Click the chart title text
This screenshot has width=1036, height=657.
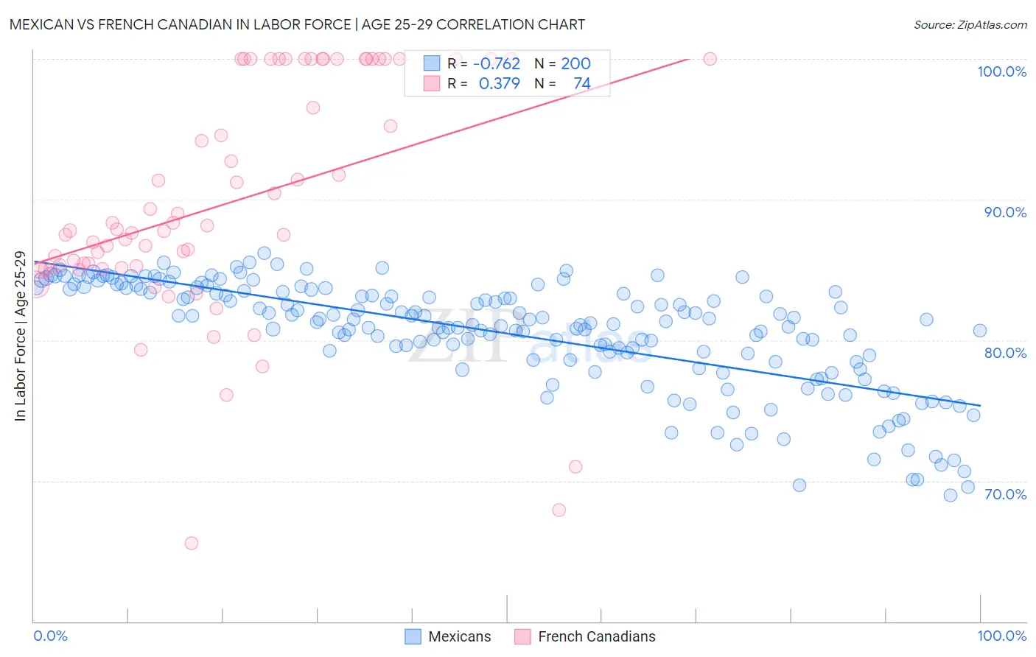click(x=297, y=24)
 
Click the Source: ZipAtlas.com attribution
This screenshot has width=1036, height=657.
click(x=970, y=24)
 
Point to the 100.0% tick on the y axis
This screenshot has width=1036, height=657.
click(x=1001, y=71)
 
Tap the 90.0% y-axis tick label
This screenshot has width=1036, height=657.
click(x=1005, y=212)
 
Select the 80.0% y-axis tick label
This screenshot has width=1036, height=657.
click(x=1005, y=353)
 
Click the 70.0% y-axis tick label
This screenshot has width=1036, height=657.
click(x=1005, y=494)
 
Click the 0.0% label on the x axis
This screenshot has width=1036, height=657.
click(x=50, y=636)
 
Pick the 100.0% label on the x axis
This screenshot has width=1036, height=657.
click(x=1001, y=636)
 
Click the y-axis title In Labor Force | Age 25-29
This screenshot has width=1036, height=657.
click(x=20, y=337)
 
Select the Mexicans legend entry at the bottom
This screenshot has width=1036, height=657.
click(x=448, y=636)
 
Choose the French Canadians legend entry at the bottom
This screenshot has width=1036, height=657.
click(x=584, y=636)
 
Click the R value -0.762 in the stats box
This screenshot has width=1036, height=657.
click(x=497, y=64)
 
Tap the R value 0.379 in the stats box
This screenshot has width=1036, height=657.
click(x=499, y=84)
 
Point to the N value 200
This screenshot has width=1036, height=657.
click(x=575, y=64)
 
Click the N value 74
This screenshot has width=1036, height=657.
click(x=581, y=84)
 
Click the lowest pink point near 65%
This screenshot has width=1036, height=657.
click(x=192, y=543)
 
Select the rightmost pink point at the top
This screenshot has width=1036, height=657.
click(x=710, y=59)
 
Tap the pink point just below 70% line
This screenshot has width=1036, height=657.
click(x=559, y=510)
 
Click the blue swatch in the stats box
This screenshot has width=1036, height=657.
click(x=431, y=64)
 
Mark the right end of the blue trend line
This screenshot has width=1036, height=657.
click(x=980, y=405)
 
